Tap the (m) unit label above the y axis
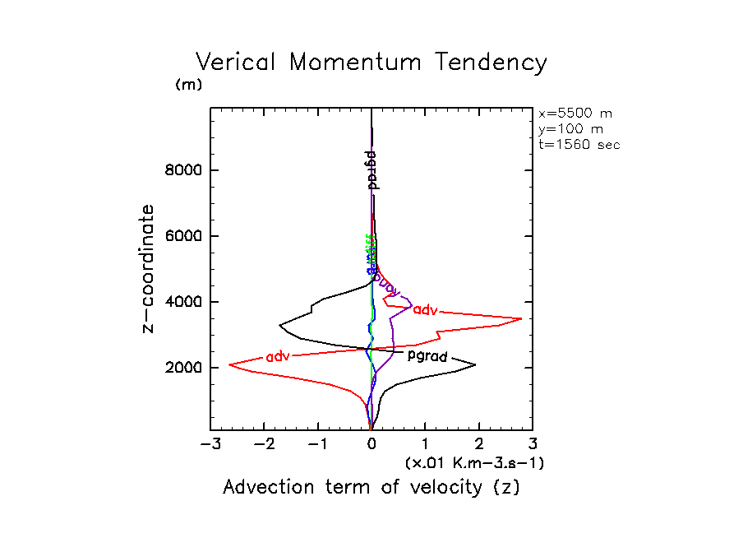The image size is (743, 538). click(188, 85)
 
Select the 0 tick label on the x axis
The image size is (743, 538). click(371, 445)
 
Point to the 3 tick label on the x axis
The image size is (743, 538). click(533, 445)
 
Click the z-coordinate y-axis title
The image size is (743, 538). click(149, 268)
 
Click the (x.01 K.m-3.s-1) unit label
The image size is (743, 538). click(475, 463)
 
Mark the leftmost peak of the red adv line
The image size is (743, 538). click(229, 364)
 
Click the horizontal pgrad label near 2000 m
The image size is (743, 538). click(427, 356)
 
